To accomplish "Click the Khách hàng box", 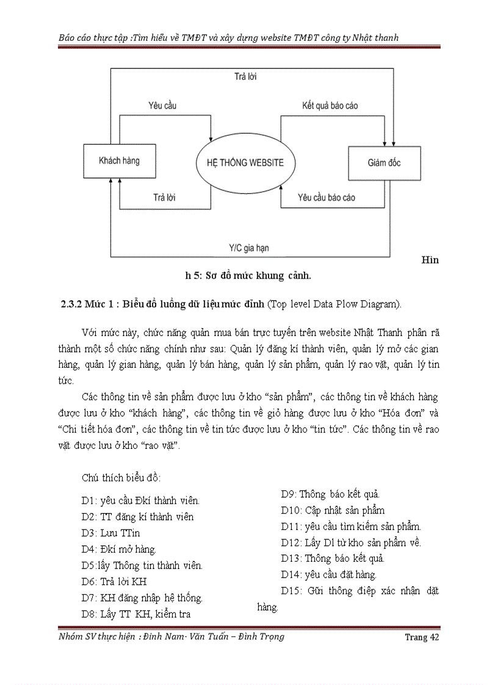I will click(120, 162).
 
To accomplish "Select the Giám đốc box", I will click(384, 163).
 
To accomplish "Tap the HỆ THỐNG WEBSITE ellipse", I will click(245, 163).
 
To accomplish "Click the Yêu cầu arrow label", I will click(162, 106).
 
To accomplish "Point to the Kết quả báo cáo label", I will click(330, 106).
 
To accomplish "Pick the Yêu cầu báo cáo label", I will click(327, 198).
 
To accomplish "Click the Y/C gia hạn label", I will click(249, 248).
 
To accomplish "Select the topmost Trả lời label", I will click(245, 77).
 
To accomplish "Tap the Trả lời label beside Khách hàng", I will click(165, 198).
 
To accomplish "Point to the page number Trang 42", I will click(422, 637).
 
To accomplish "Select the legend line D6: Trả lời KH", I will click(114, 581).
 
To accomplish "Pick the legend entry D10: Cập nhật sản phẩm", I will click(333, 510).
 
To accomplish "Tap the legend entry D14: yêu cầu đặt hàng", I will click(328, 574).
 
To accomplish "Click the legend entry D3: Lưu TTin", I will click(110, 533).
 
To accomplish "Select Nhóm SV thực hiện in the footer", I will click(97, 637).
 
